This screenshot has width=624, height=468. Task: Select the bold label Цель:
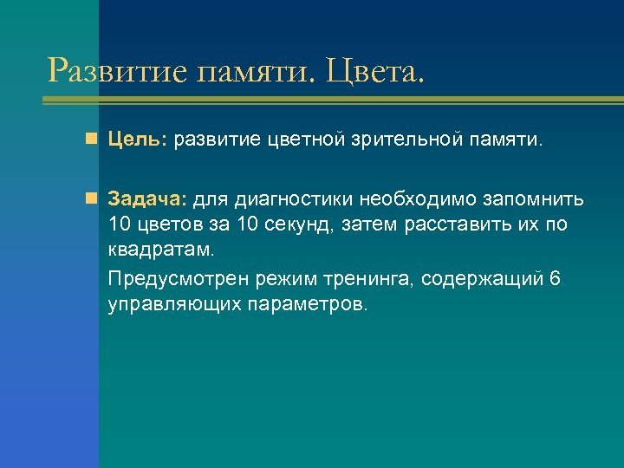click(x=139, y=140)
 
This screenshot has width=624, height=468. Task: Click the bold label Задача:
click(x=146, y=200)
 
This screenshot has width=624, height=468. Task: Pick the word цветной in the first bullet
click(x=302, y=140)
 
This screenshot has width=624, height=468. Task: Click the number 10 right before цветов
click(x=122, y=225)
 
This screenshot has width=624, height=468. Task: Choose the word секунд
click(x=318, y=225)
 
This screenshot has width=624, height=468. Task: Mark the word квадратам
click(x=159, y=251)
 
